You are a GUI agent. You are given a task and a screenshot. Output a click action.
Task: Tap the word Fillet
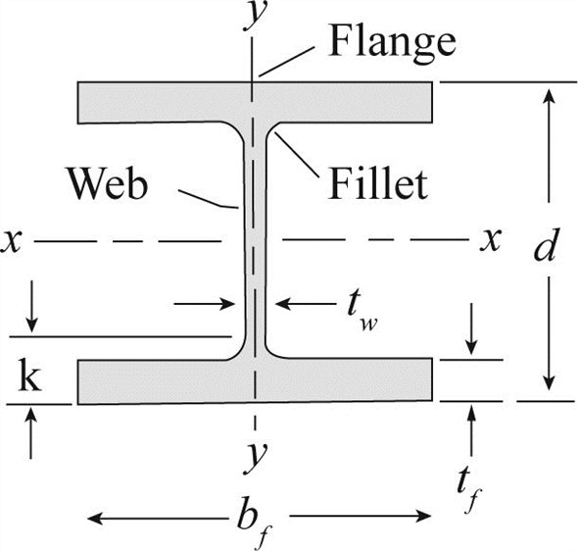378,183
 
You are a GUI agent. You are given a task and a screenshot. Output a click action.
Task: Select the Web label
107,183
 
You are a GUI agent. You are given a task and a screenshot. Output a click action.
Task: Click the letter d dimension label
545,244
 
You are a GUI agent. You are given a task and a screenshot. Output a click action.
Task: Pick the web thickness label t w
362,312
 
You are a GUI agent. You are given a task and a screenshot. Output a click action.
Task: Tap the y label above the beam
256,17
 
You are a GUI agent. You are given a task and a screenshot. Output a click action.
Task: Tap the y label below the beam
256,456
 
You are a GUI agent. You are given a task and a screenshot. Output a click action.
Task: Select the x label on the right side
491,240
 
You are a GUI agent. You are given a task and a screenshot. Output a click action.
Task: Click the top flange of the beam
255,102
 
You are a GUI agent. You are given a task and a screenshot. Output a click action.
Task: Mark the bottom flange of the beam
255,381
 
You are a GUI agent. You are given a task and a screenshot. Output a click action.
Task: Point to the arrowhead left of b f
95,519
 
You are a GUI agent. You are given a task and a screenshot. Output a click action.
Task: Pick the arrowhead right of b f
423,516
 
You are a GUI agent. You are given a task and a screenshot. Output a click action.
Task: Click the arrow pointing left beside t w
306,304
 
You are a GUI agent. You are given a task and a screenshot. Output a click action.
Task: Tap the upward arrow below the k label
31,433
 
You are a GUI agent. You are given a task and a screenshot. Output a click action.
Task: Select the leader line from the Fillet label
297,155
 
